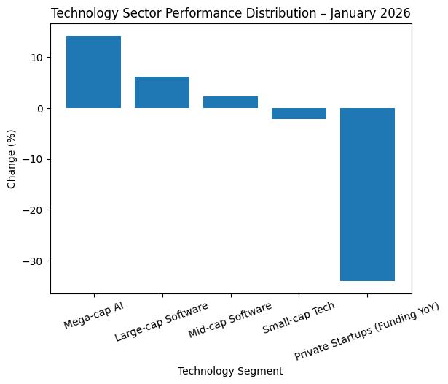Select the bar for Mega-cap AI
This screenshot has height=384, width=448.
93,72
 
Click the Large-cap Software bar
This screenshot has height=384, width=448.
162,92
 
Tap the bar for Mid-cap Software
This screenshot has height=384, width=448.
230,102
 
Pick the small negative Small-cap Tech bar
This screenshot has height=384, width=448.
299,113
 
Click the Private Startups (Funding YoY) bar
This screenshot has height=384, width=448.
367,194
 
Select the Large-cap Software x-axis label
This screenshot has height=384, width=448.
161,321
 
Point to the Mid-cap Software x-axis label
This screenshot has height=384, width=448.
229,319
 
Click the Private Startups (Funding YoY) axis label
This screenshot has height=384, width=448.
367,321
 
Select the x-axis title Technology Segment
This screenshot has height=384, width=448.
230,371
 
